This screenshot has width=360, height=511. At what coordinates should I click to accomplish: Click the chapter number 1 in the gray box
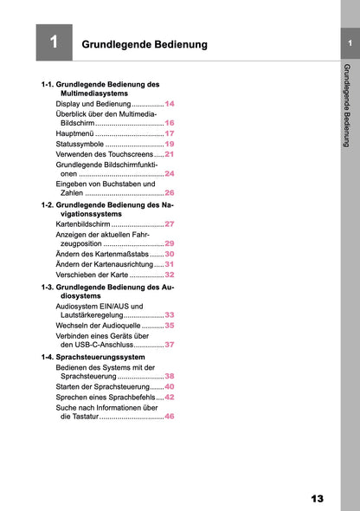click(x=54, y=42)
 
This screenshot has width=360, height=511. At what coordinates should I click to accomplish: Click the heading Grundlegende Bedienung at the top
click(x=144, y=43)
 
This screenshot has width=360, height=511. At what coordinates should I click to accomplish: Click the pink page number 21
click(x=170, y=154)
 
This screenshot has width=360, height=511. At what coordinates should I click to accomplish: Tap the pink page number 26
click(x=170, y=193)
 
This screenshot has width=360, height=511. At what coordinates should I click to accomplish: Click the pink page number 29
click(x=170, y=244)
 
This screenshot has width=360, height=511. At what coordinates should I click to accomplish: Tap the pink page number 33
click(x=170, y=315)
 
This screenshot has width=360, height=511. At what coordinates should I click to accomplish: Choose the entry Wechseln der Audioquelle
click(x=98, y=326)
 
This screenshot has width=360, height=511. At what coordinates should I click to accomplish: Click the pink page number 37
click(x=170, y=345)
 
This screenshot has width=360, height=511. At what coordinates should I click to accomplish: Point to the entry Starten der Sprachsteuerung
click(x=102, y=386)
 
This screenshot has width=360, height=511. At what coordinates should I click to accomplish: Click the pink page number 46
click(x=170, y=417)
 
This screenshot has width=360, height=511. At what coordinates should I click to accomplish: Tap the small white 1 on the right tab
click(x=349, y=42)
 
